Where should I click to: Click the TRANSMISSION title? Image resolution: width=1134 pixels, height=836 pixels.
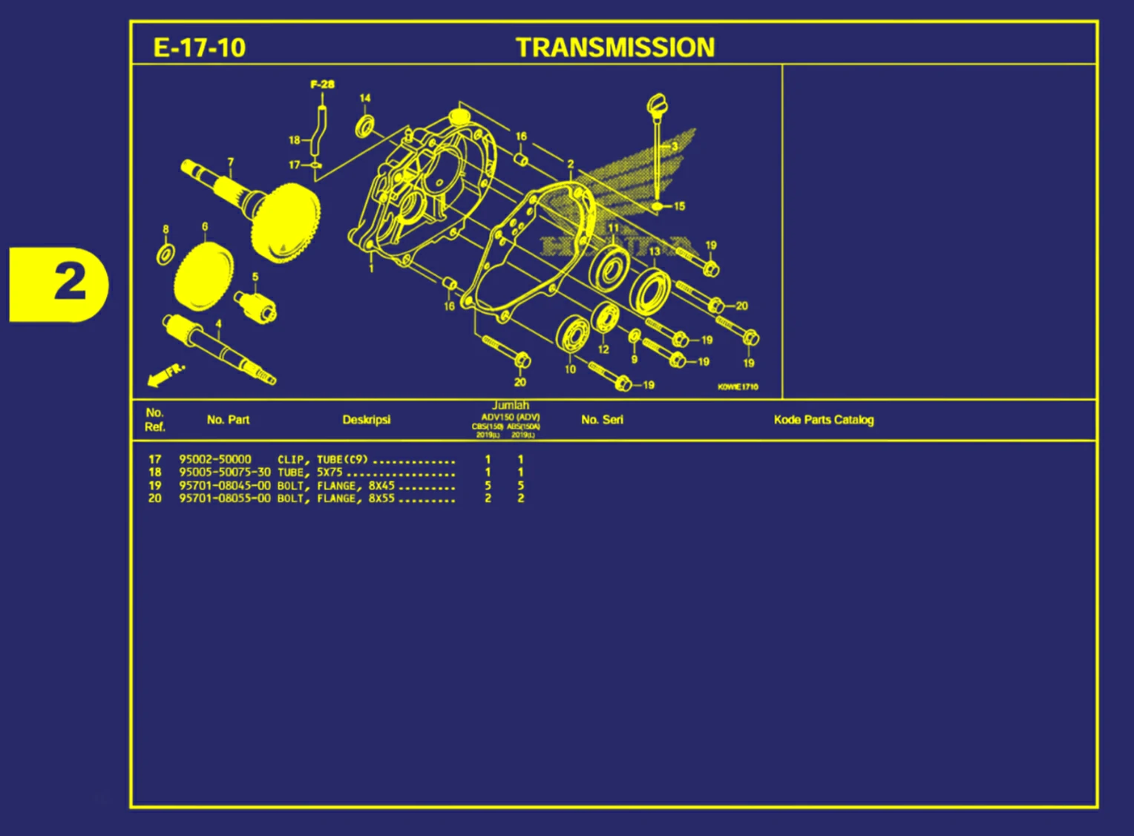pos(615,47)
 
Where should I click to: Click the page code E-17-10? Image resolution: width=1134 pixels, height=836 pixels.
pos(199,47)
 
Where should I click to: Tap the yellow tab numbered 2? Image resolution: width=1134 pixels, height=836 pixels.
pos(59,284)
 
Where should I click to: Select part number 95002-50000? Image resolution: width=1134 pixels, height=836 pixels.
pos(214,459)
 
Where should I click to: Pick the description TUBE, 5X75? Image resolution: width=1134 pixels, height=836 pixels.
pos(309,473)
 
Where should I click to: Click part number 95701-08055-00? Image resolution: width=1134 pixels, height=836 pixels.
pos(224,498)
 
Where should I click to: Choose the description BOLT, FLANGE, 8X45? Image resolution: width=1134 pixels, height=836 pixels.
pos(335,486)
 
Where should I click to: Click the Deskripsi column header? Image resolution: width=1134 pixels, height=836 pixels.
pos(366,420)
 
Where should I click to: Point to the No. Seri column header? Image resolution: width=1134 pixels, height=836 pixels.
pos(602,420)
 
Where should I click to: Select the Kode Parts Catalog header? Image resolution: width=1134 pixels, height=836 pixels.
pos(823,420)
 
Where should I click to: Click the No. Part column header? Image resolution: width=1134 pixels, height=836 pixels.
pos(228,420)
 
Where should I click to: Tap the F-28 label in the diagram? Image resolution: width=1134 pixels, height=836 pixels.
pos(322,85)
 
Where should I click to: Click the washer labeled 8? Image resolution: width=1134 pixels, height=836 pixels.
pos(165,254)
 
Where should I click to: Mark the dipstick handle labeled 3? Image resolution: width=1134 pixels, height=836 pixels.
pos(656,104)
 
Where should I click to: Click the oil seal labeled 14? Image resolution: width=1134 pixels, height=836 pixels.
pos(364,126)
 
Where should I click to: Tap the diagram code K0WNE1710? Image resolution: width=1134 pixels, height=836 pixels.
pos(738,387)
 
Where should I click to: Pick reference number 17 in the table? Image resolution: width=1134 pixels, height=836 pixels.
pos(154,459)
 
